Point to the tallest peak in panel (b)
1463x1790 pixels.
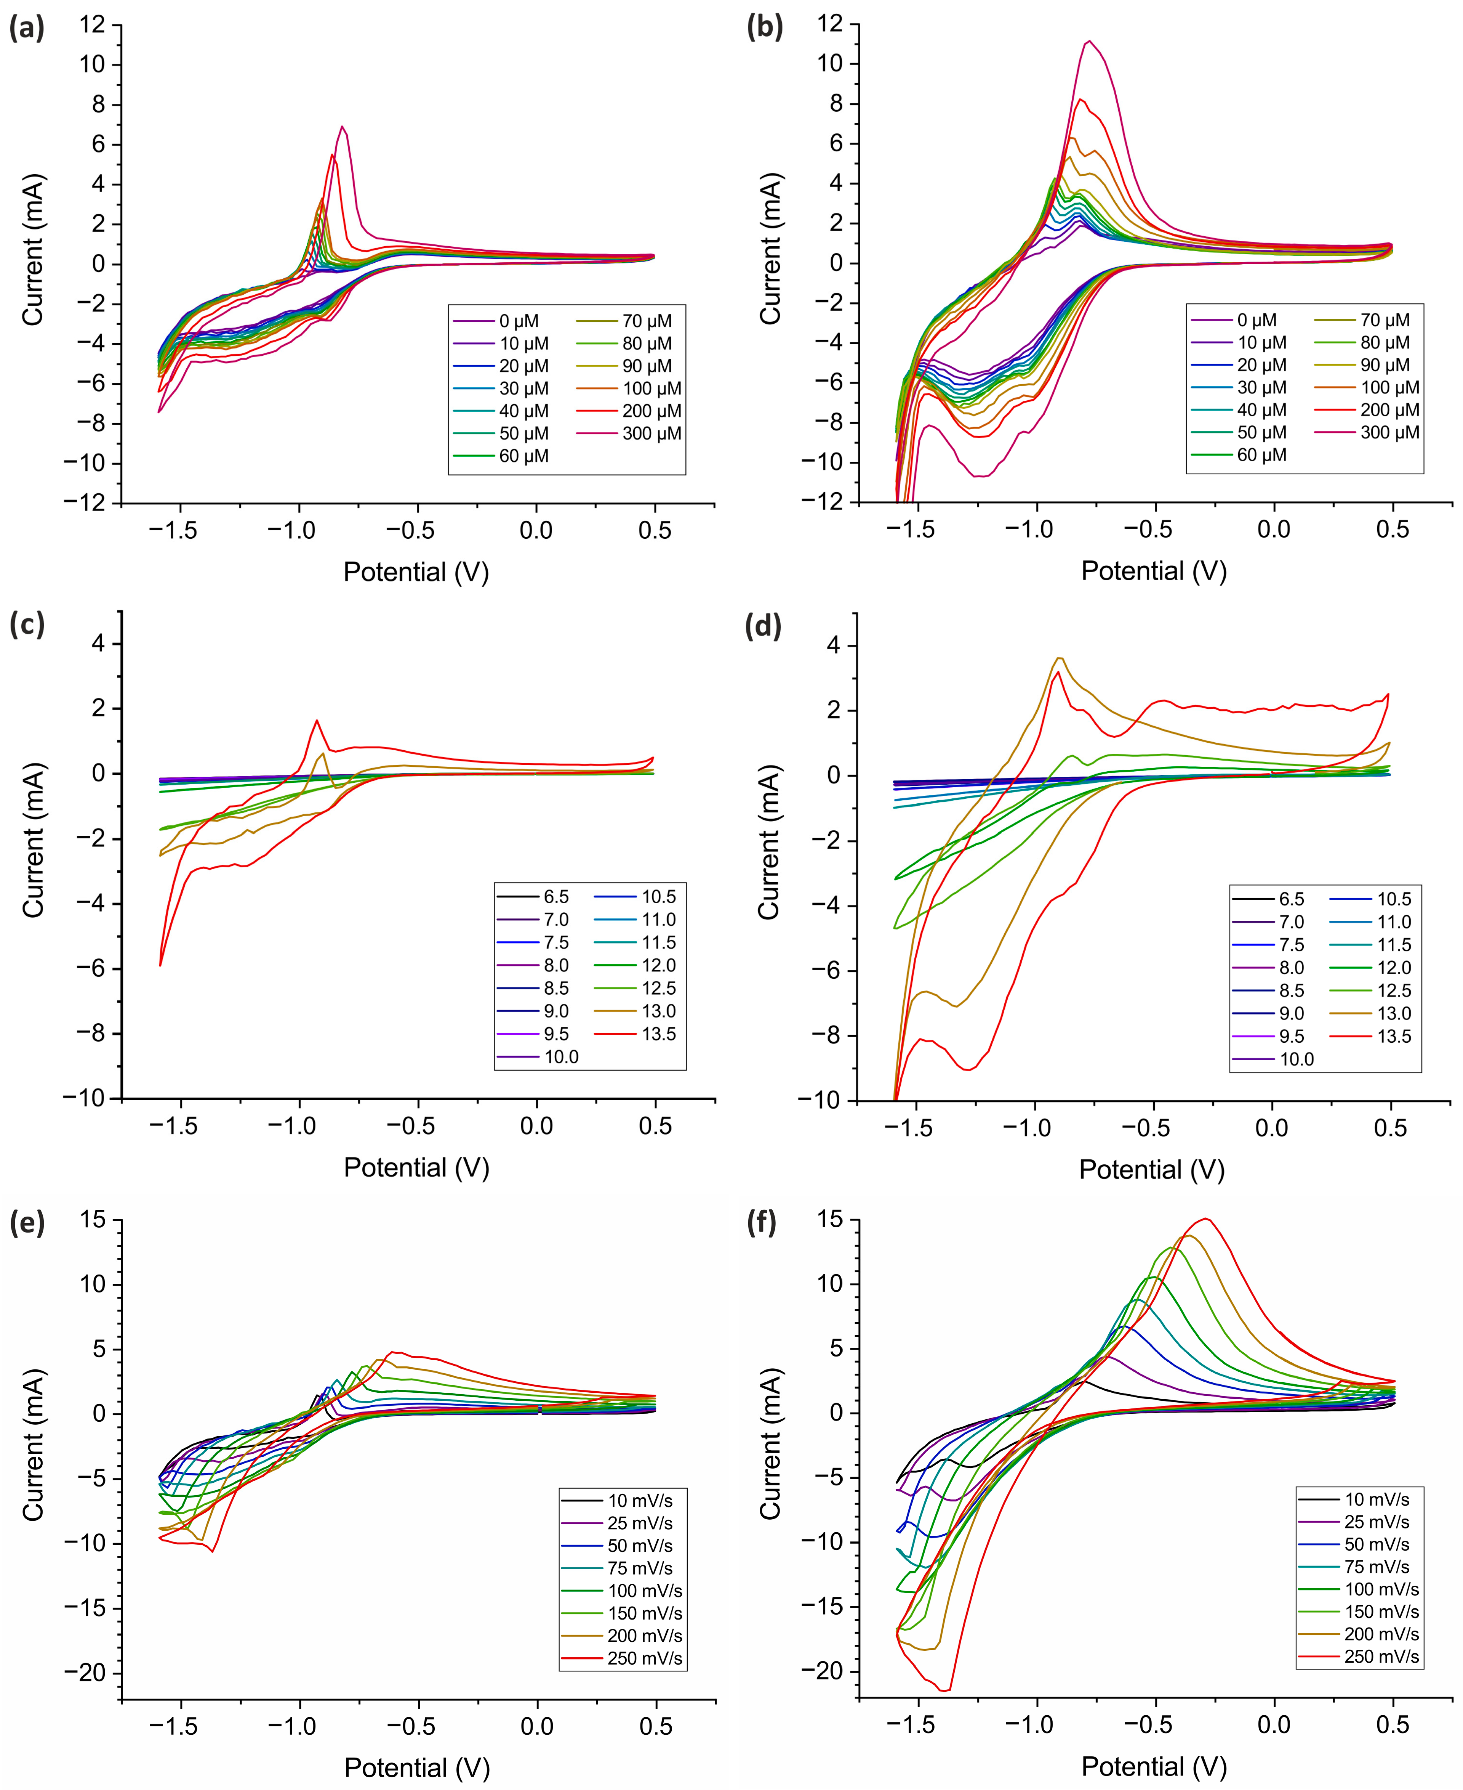[1090, 40]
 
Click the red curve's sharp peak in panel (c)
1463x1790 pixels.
[317, 720]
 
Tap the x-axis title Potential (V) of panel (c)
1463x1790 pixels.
[416, 1168]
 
